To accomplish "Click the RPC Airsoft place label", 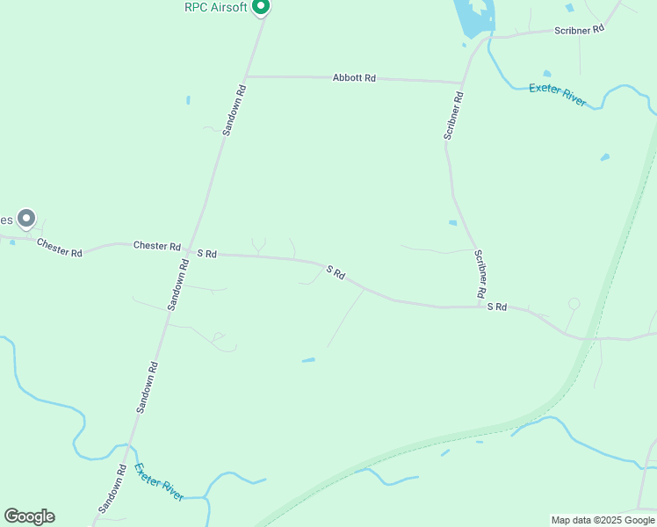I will click(x=215, y=7).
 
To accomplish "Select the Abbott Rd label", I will click(x=354, y=78).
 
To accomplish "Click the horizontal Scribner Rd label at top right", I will click(x=580, y=30).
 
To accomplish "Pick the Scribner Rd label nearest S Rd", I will click(x=480, y=273).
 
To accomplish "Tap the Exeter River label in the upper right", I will click(x=558, y=94).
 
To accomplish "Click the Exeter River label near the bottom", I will click(x=160, y=482).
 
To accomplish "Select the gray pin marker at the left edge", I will click(x=26, y=218).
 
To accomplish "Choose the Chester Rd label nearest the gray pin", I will click(x=60, y=248).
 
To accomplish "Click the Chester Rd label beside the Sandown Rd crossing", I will click(x=156, y=246).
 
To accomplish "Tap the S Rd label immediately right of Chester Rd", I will click(x=206, y=253).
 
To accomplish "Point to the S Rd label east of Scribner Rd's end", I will click(x=497, y=307).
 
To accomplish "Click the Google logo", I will click(x=29, y=516).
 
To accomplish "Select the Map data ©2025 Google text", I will click(x=603, y=520).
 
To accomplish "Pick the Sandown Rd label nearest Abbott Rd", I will click(x=234, y=110).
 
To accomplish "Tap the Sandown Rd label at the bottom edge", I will click(x=112, y=489).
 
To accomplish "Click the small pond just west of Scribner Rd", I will click(x=452, y=223).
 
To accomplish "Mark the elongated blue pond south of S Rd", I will click(x=308, y=359).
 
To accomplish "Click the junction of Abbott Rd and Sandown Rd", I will click(x=246, y=76).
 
